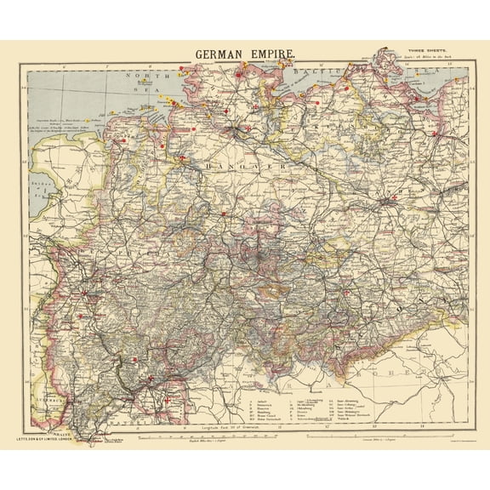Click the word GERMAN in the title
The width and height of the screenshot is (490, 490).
219,54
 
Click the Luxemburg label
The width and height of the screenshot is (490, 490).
43,396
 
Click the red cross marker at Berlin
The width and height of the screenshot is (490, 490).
392,202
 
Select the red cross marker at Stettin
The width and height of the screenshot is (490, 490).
435,134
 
